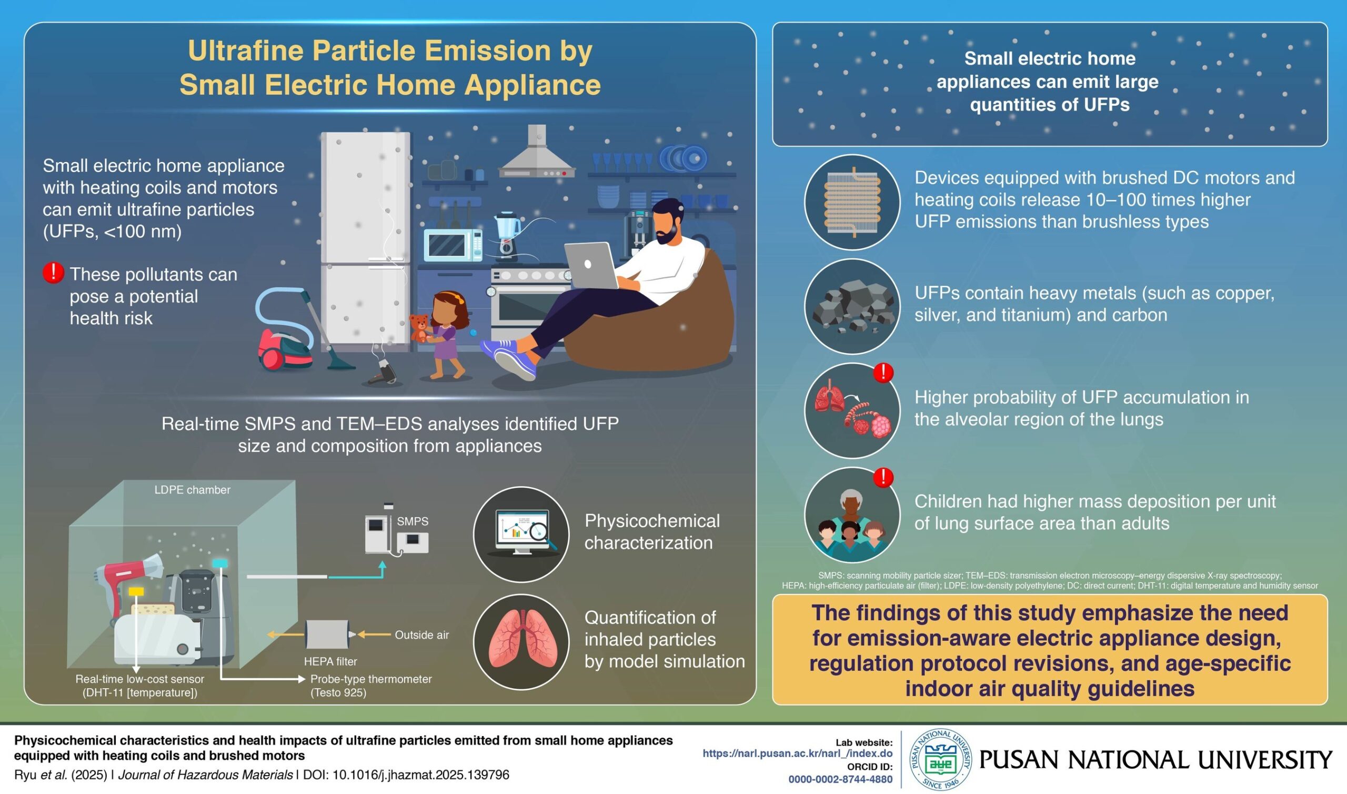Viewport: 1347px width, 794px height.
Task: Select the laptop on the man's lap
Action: (591, 265)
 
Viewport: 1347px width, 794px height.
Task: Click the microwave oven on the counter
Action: (453, 245)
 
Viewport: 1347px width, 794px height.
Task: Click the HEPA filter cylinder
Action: (327, 635)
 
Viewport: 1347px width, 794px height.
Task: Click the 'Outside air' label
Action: (421, 635)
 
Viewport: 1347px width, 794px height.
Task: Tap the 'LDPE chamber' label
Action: (192, 489)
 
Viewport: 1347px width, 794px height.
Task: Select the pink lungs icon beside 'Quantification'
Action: (521, 641)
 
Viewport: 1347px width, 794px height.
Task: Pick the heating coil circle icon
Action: (852, 202)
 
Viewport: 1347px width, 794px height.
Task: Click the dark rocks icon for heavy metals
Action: (852, 307)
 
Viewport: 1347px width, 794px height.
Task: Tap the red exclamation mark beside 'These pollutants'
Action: (53, 273)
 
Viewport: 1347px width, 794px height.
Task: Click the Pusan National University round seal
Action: (940, 759)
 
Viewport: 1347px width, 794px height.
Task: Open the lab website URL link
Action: (797, 753)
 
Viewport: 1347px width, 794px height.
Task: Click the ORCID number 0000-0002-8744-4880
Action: (840, 780)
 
